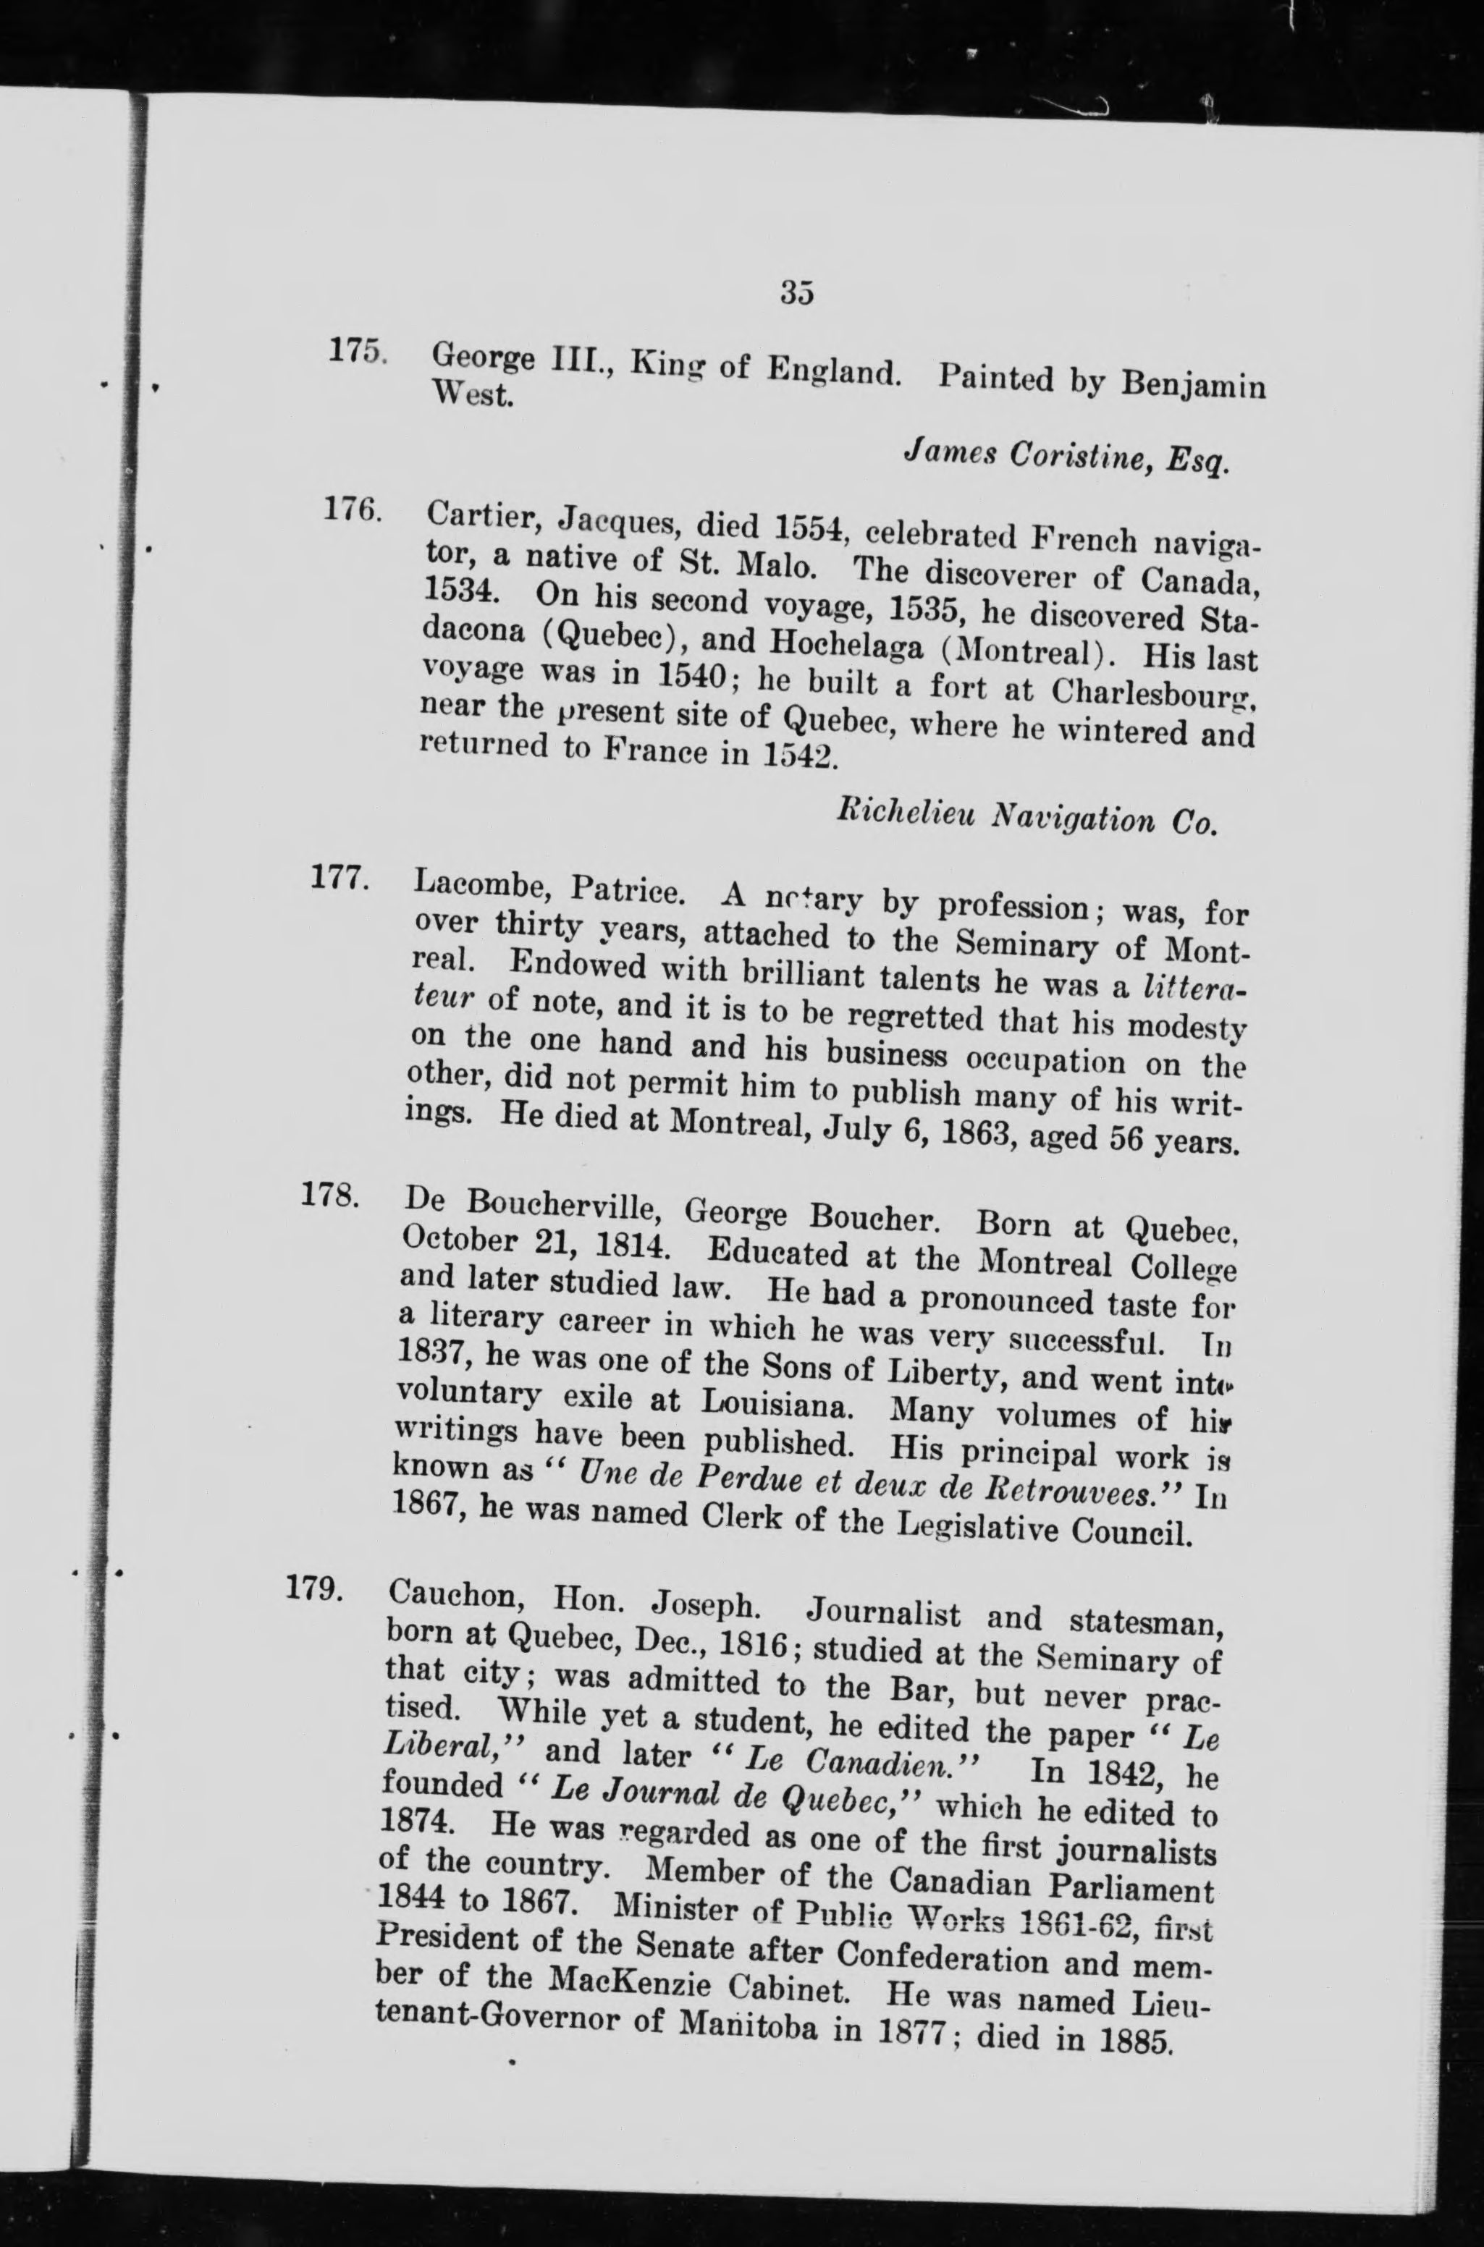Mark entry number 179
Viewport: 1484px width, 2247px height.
click(x=314, y=1588)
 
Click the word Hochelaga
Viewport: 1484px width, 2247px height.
click(x=851, y=643)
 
